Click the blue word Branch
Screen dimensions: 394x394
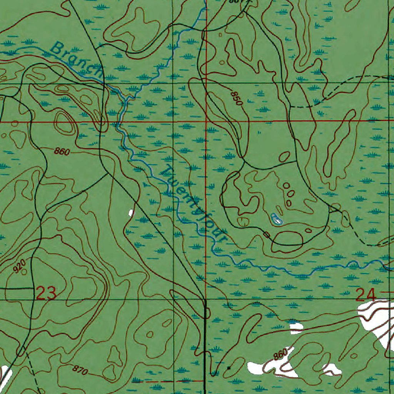(77, 59)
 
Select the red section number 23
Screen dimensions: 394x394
(47, 294)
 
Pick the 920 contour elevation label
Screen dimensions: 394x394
(19, 265)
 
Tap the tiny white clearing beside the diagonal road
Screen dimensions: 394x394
(131, 212)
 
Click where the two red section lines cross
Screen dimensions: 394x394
(206, 121)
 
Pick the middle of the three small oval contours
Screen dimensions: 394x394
(291, 194)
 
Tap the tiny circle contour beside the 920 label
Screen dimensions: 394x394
(25, 272)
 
